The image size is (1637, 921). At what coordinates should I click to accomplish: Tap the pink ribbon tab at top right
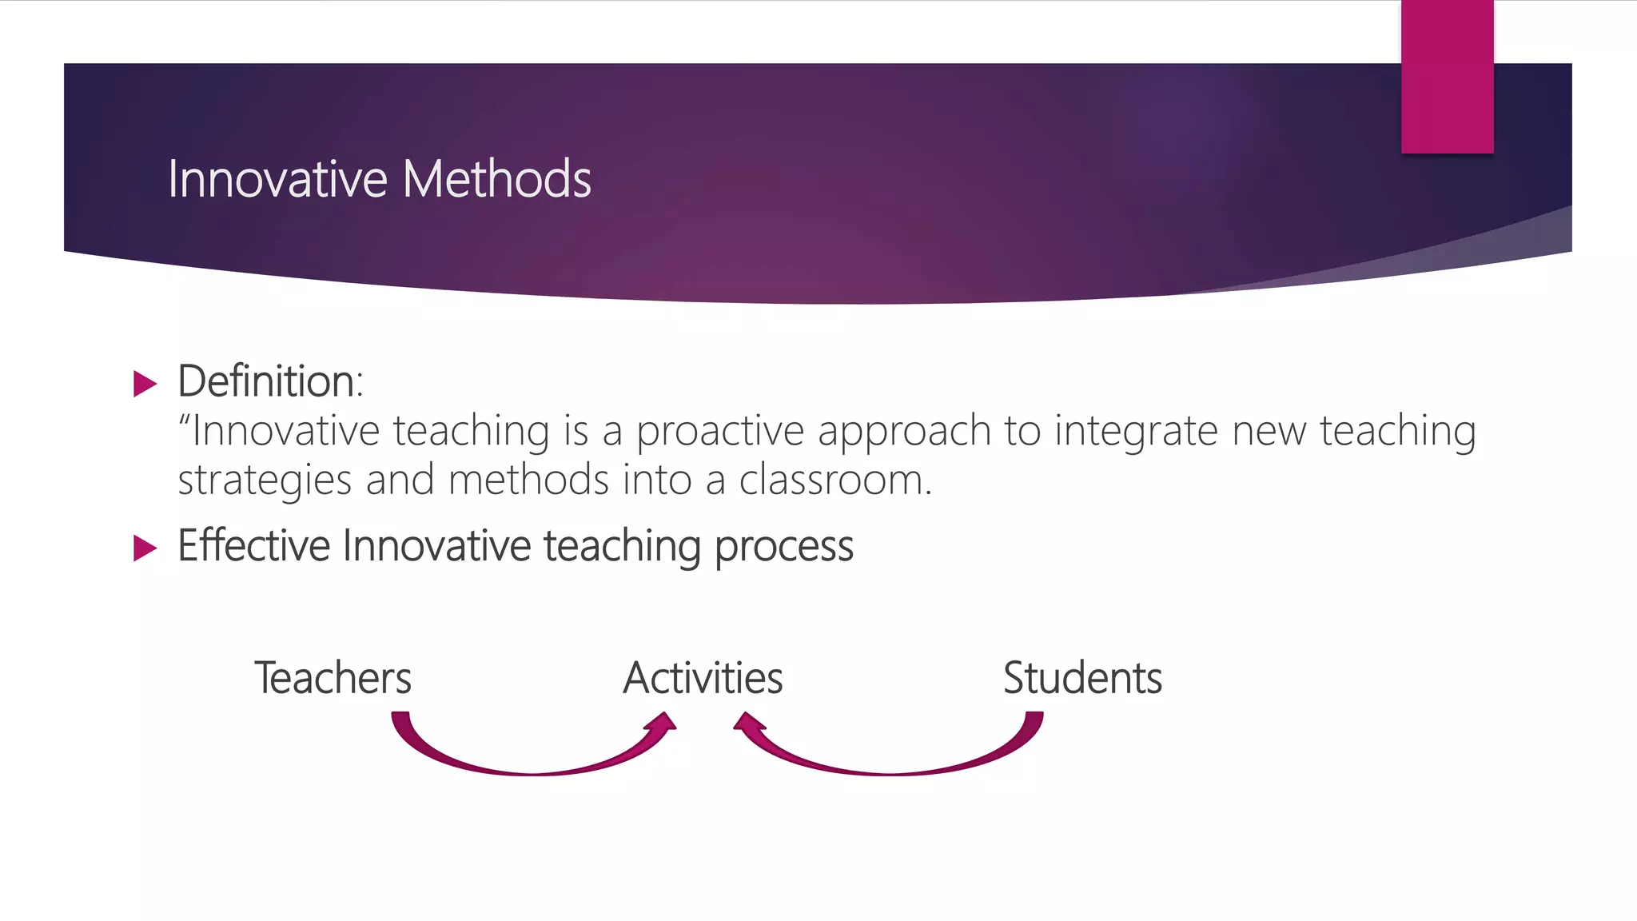(1447, 77)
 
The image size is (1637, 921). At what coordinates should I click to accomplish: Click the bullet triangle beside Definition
(145, 384)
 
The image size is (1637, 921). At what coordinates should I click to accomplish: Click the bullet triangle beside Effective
(145, 548)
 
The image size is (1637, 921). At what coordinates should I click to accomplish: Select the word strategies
(265, 482)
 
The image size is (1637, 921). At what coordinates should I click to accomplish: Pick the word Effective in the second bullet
(253, 546)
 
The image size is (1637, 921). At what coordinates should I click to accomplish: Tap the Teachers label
(333, 678)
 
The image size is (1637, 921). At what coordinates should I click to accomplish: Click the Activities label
(703, 678)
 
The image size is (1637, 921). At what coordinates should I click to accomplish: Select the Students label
(1082, 678)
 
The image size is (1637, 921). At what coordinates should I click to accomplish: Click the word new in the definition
(1269, 432)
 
